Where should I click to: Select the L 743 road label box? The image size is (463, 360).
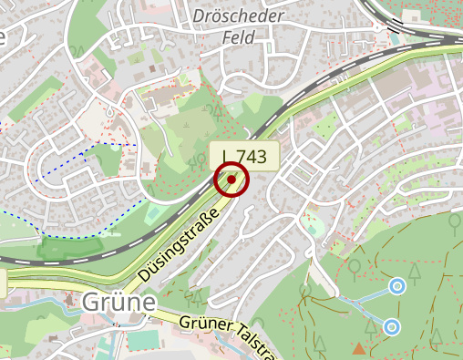click(x=242, y=156)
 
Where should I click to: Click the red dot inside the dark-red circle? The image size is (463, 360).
click(x=231, y=180)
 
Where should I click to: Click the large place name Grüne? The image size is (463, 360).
click(x=118, y=302)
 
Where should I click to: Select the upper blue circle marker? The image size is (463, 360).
click(x=396, y=287)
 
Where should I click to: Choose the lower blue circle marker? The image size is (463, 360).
click(x=392, y=326)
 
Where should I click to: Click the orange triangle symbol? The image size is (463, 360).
click(x=358, y=348)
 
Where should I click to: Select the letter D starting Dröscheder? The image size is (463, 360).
click(x=199, y=16)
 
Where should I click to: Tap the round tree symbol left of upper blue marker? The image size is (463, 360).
click(x=354, y=267)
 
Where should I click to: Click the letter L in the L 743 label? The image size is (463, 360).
click(x=225, y=156)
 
